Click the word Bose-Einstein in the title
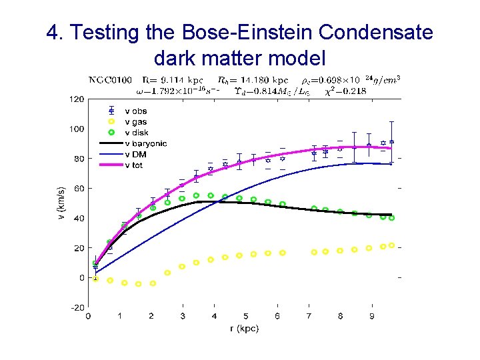click(255, 32)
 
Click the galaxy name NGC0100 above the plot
click(111, 81)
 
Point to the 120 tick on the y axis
click(77, 99)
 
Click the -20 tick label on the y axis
click(77, 307)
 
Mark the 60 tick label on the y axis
click(79, 189)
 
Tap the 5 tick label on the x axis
click(246, 316)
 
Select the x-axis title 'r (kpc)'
click(245, 328)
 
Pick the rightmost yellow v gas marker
click(391, 245)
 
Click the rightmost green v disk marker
click(391, 218)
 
